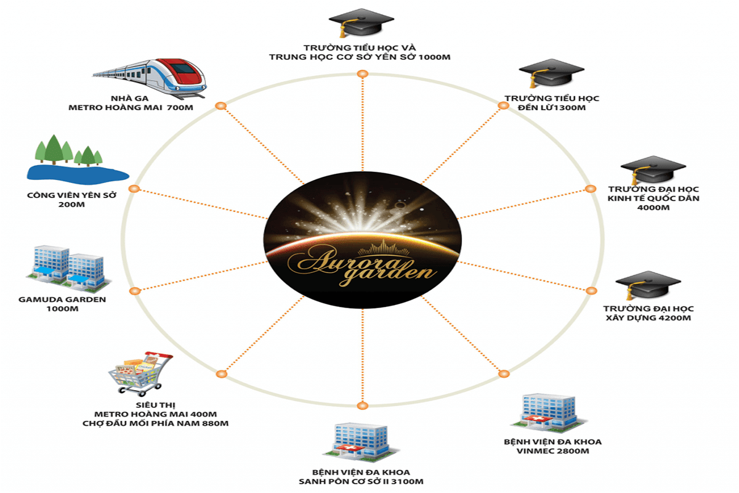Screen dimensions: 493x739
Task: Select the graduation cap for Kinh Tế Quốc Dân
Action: [x=644, y=169]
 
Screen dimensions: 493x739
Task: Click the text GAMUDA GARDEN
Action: [x=63, y=299]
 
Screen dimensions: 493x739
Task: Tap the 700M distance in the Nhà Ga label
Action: [x=180, y=108]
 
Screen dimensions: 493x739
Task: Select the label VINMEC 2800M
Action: [x=552, y=451]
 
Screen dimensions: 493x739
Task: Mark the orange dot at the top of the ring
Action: [x=362, y=74]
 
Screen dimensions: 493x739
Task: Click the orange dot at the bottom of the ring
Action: [x=361, y=405]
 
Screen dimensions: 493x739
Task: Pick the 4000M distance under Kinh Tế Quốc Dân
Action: [x=653, y=208]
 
